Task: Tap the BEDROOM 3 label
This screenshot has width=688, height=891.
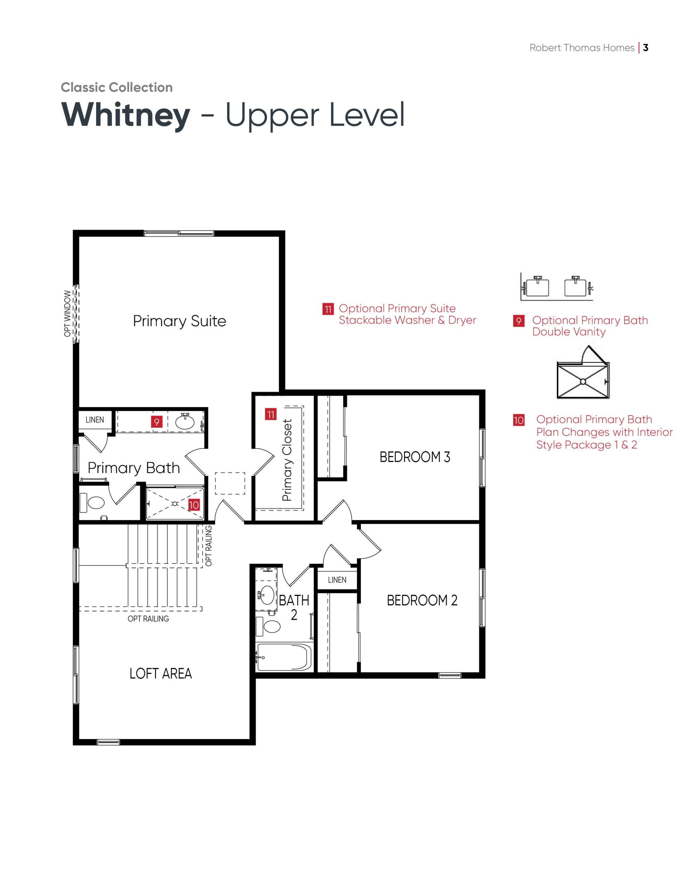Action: click(x=415, y=457)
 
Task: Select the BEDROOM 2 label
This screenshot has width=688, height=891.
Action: click(x=422, y=600)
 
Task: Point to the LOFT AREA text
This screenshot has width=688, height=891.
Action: click(x=161, y=673)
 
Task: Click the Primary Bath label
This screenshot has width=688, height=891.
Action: click(x=134, y=468)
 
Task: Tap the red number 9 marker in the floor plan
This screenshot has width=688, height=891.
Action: click(x=157, y=421)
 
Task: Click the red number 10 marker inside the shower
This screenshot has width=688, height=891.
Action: click(x=194, y=505)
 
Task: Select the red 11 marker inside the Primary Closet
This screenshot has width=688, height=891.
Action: click(x=271, y=415)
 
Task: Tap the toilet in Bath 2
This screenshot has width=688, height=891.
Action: click(x=268, y=626)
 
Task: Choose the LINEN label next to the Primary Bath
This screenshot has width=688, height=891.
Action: click(x=95, y=420)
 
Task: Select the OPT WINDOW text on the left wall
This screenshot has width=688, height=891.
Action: click(x=67, y=314)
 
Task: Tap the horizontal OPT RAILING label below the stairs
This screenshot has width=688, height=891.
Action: click(x=148, y=619)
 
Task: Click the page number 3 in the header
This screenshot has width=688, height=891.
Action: click(x=646, y=48)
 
